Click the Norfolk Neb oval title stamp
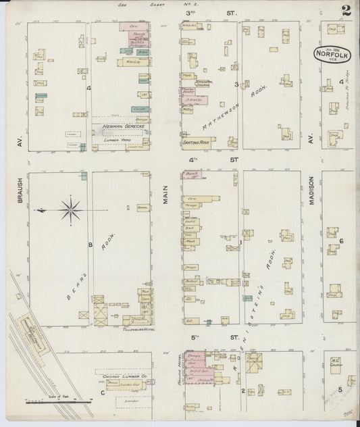330,54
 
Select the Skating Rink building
194,143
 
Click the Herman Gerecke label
119,126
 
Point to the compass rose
70,210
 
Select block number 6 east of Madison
342,241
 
